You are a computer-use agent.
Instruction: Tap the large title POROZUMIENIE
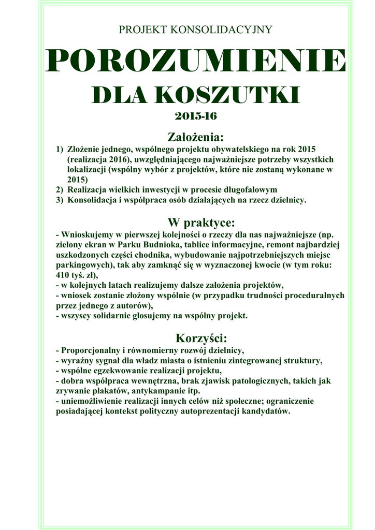[x=195, y=62]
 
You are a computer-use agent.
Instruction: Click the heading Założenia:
[x=195, y=137]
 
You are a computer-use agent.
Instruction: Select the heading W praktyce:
[x=195, y=223]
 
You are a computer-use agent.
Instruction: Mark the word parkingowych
[x=79, y=265]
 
